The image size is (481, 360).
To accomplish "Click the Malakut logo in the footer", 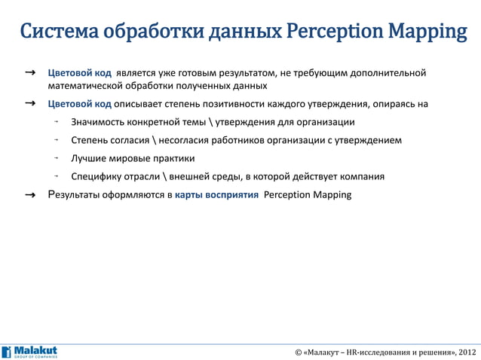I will [x=29, y=352].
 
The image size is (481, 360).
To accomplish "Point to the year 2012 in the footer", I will [x=467, y=352].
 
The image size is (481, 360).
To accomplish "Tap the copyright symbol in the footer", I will [x=299, y=352].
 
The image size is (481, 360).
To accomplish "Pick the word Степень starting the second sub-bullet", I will [x=90, y=140].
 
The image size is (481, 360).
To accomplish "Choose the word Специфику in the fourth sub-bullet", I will [x=96, y=177].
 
